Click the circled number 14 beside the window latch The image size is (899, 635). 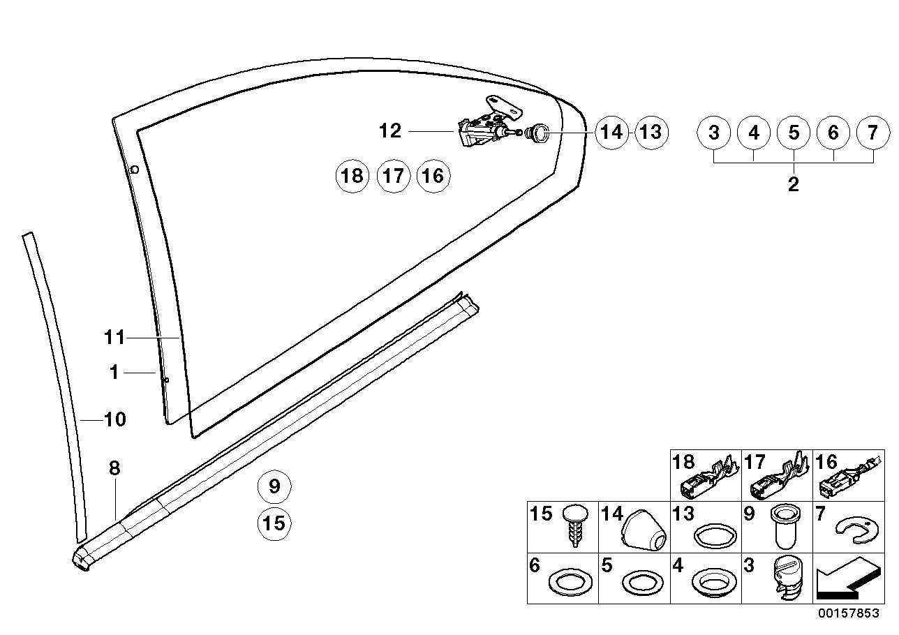tap(611, 132)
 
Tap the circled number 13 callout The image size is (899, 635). tap(651, 132)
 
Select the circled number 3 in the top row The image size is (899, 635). tap(714, 132)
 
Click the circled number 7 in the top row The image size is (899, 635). tap(873, 132)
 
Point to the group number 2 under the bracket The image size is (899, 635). tap(793, 184)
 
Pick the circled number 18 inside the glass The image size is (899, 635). tap(353, 176)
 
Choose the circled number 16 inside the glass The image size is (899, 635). tap(433, 176)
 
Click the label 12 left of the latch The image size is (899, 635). tap(391, 130)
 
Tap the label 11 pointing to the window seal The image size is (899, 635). tap(114, 338)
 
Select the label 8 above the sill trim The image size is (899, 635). tap(115, 469)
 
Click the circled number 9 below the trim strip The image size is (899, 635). tap(274, 486)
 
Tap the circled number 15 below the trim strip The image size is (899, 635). tap(274, 523)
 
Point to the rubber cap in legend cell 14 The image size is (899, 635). tap(644, 534)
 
